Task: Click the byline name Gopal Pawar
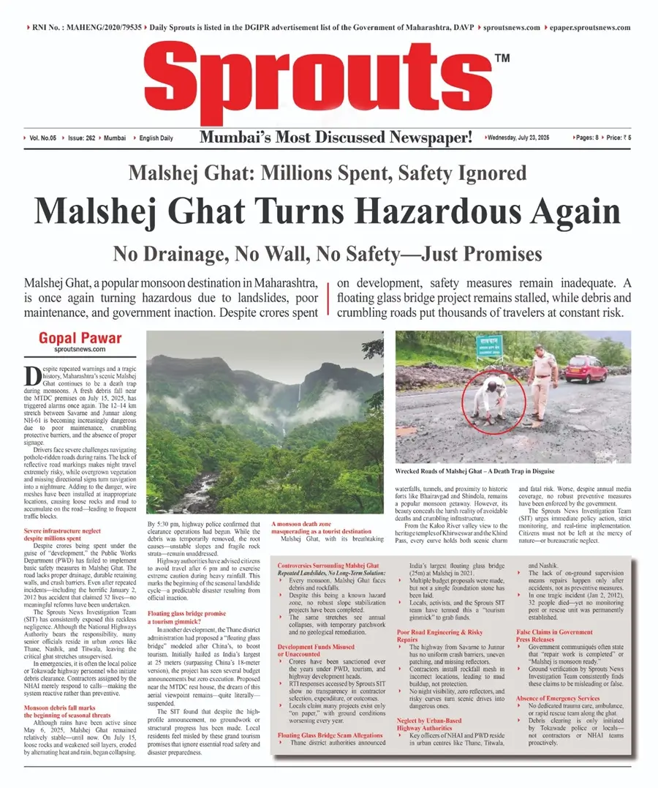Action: click(80, 339)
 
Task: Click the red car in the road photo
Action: click(586, 368)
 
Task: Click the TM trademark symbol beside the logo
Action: click(502, 58)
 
